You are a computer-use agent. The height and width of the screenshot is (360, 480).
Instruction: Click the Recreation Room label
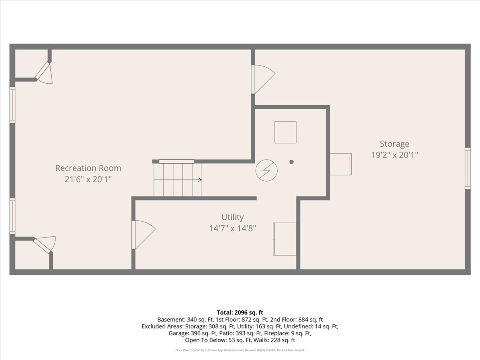tap(88, 168)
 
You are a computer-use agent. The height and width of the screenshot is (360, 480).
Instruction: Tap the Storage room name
tap(394, 144)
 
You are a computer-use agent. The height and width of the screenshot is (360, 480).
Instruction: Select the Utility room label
tap(232, 217)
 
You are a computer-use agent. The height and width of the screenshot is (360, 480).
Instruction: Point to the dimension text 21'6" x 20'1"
tap(88, 180)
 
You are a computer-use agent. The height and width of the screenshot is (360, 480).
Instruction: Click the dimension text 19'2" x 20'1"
tap(394, 155)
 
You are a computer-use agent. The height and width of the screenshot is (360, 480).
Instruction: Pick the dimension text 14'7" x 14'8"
tap(232, 228)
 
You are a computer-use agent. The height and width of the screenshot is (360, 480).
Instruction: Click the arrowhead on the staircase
tap(200, 180)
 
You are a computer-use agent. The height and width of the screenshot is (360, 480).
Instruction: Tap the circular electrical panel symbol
tap(266, 170)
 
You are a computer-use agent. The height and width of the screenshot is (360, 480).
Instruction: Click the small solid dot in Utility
tap(291, 162)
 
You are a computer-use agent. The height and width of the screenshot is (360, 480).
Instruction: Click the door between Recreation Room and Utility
tap(143, 235)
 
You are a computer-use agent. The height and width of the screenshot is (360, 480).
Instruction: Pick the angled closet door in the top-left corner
tap(44, 73)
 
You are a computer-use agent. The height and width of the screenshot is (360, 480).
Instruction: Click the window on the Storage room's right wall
tap(468, 168)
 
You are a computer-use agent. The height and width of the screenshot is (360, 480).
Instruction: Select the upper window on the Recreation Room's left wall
tap(12, 105)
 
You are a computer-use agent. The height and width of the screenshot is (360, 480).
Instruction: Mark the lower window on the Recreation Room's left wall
tap(12, 216)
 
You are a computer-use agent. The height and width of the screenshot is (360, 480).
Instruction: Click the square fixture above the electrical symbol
tap(285, 132)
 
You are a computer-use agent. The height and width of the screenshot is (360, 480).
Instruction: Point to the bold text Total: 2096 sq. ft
tap(240, 312)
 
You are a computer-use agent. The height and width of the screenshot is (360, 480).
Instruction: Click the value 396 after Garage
tap(195, 333)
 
